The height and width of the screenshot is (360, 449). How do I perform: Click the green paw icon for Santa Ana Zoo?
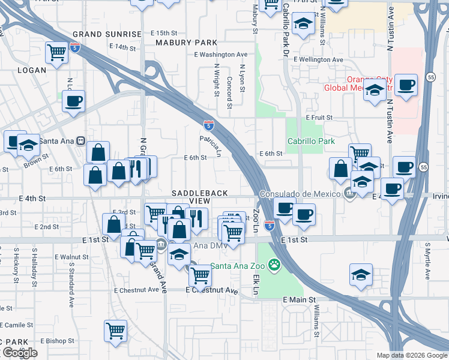275,264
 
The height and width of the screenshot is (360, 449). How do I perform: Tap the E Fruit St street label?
319,118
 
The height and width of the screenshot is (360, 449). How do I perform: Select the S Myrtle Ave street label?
427,261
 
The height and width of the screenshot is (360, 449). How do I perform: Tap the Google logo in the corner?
20,352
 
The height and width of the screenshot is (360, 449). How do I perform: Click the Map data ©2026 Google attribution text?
412,355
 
